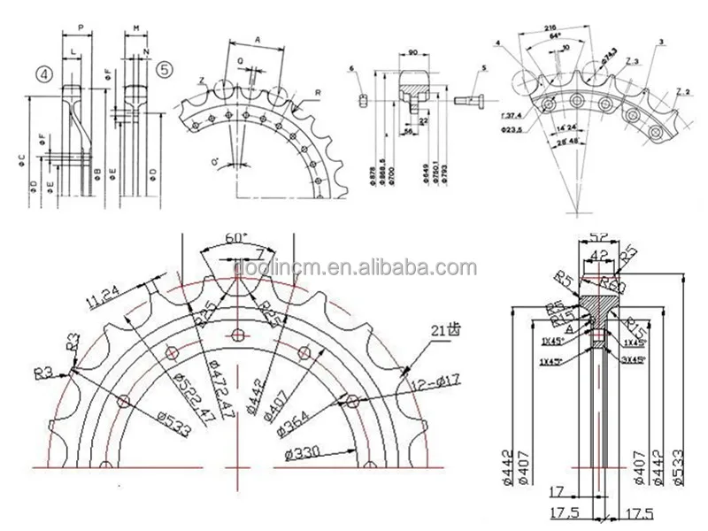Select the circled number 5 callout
(163, 68)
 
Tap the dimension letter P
(81, 27)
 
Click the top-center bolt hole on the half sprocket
(236, 334)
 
